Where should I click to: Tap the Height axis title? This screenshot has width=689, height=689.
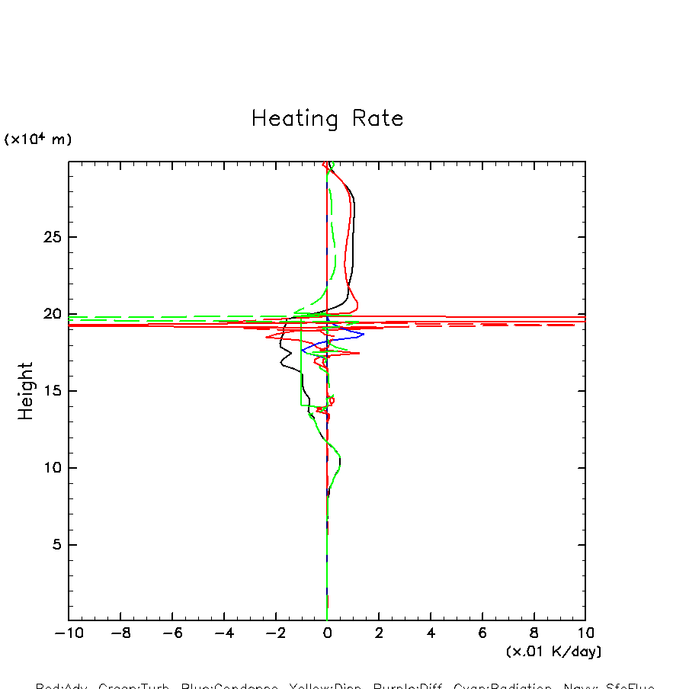[x=26, y=390]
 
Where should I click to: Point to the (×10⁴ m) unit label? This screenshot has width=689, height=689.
[x=38, y=139]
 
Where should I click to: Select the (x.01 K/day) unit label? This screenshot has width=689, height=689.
[x=553, y=652]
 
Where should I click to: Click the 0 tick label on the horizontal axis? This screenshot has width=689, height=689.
[x=327, y=633]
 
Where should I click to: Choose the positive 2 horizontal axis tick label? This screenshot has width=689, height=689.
[x=379, y=633]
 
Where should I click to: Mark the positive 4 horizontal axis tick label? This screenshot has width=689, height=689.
[x=431, y=633]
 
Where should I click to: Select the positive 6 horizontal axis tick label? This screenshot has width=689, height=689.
[x=482, y=633]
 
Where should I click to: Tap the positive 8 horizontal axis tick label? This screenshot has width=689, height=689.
[x=534, y=633]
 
